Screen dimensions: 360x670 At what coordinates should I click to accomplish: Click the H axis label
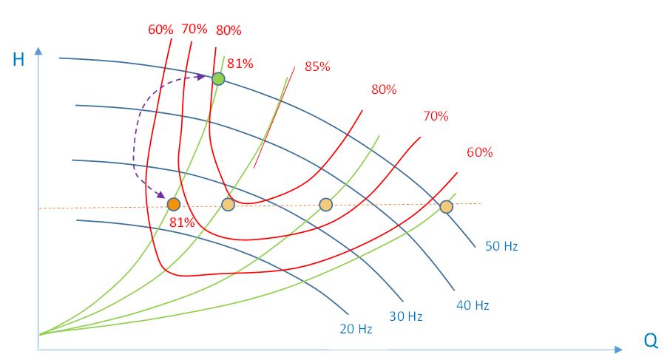pos(18,60)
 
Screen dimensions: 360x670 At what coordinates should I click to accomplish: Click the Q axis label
pos(651,341)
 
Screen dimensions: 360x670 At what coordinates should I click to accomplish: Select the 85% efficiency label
pos(317,67)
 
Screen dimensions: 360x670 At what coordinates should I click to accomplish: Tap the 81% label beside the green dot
pos(240,64)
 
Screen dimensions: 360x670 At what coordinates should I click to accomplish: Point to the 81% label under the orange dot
pos(181,222)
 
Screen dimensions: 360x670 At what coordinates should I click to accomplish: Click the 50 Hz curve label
pos(501,246)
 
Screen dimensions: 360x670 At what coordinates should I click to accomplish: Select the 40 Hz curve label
pos(473,305)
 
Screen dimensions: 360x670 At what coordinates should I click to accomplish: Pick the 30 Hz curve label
pos(406,316)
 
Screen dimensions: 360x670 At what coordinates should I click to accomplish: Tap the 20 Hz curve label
pos(356,329)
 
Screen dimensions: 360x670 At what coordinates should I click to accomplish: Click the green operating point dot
pos(218,79)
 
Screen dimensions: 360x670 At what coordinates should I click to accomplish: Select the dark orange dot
pos(174,205)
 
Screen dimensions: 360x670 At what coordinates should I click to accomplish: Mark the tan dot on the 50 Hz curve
pos(446,207)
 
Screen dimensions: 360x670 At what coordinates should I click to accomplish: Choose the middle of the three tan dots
pos(325,205)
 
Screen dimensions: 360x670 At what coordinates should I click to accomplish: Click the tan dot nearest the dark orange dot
pos(228,205)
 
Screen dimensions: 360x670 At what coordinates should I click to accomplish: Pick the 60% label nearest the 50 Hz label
pos(479,153)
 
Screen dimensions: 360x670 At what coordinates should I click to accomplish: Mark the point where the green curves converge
pos(41,334)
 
